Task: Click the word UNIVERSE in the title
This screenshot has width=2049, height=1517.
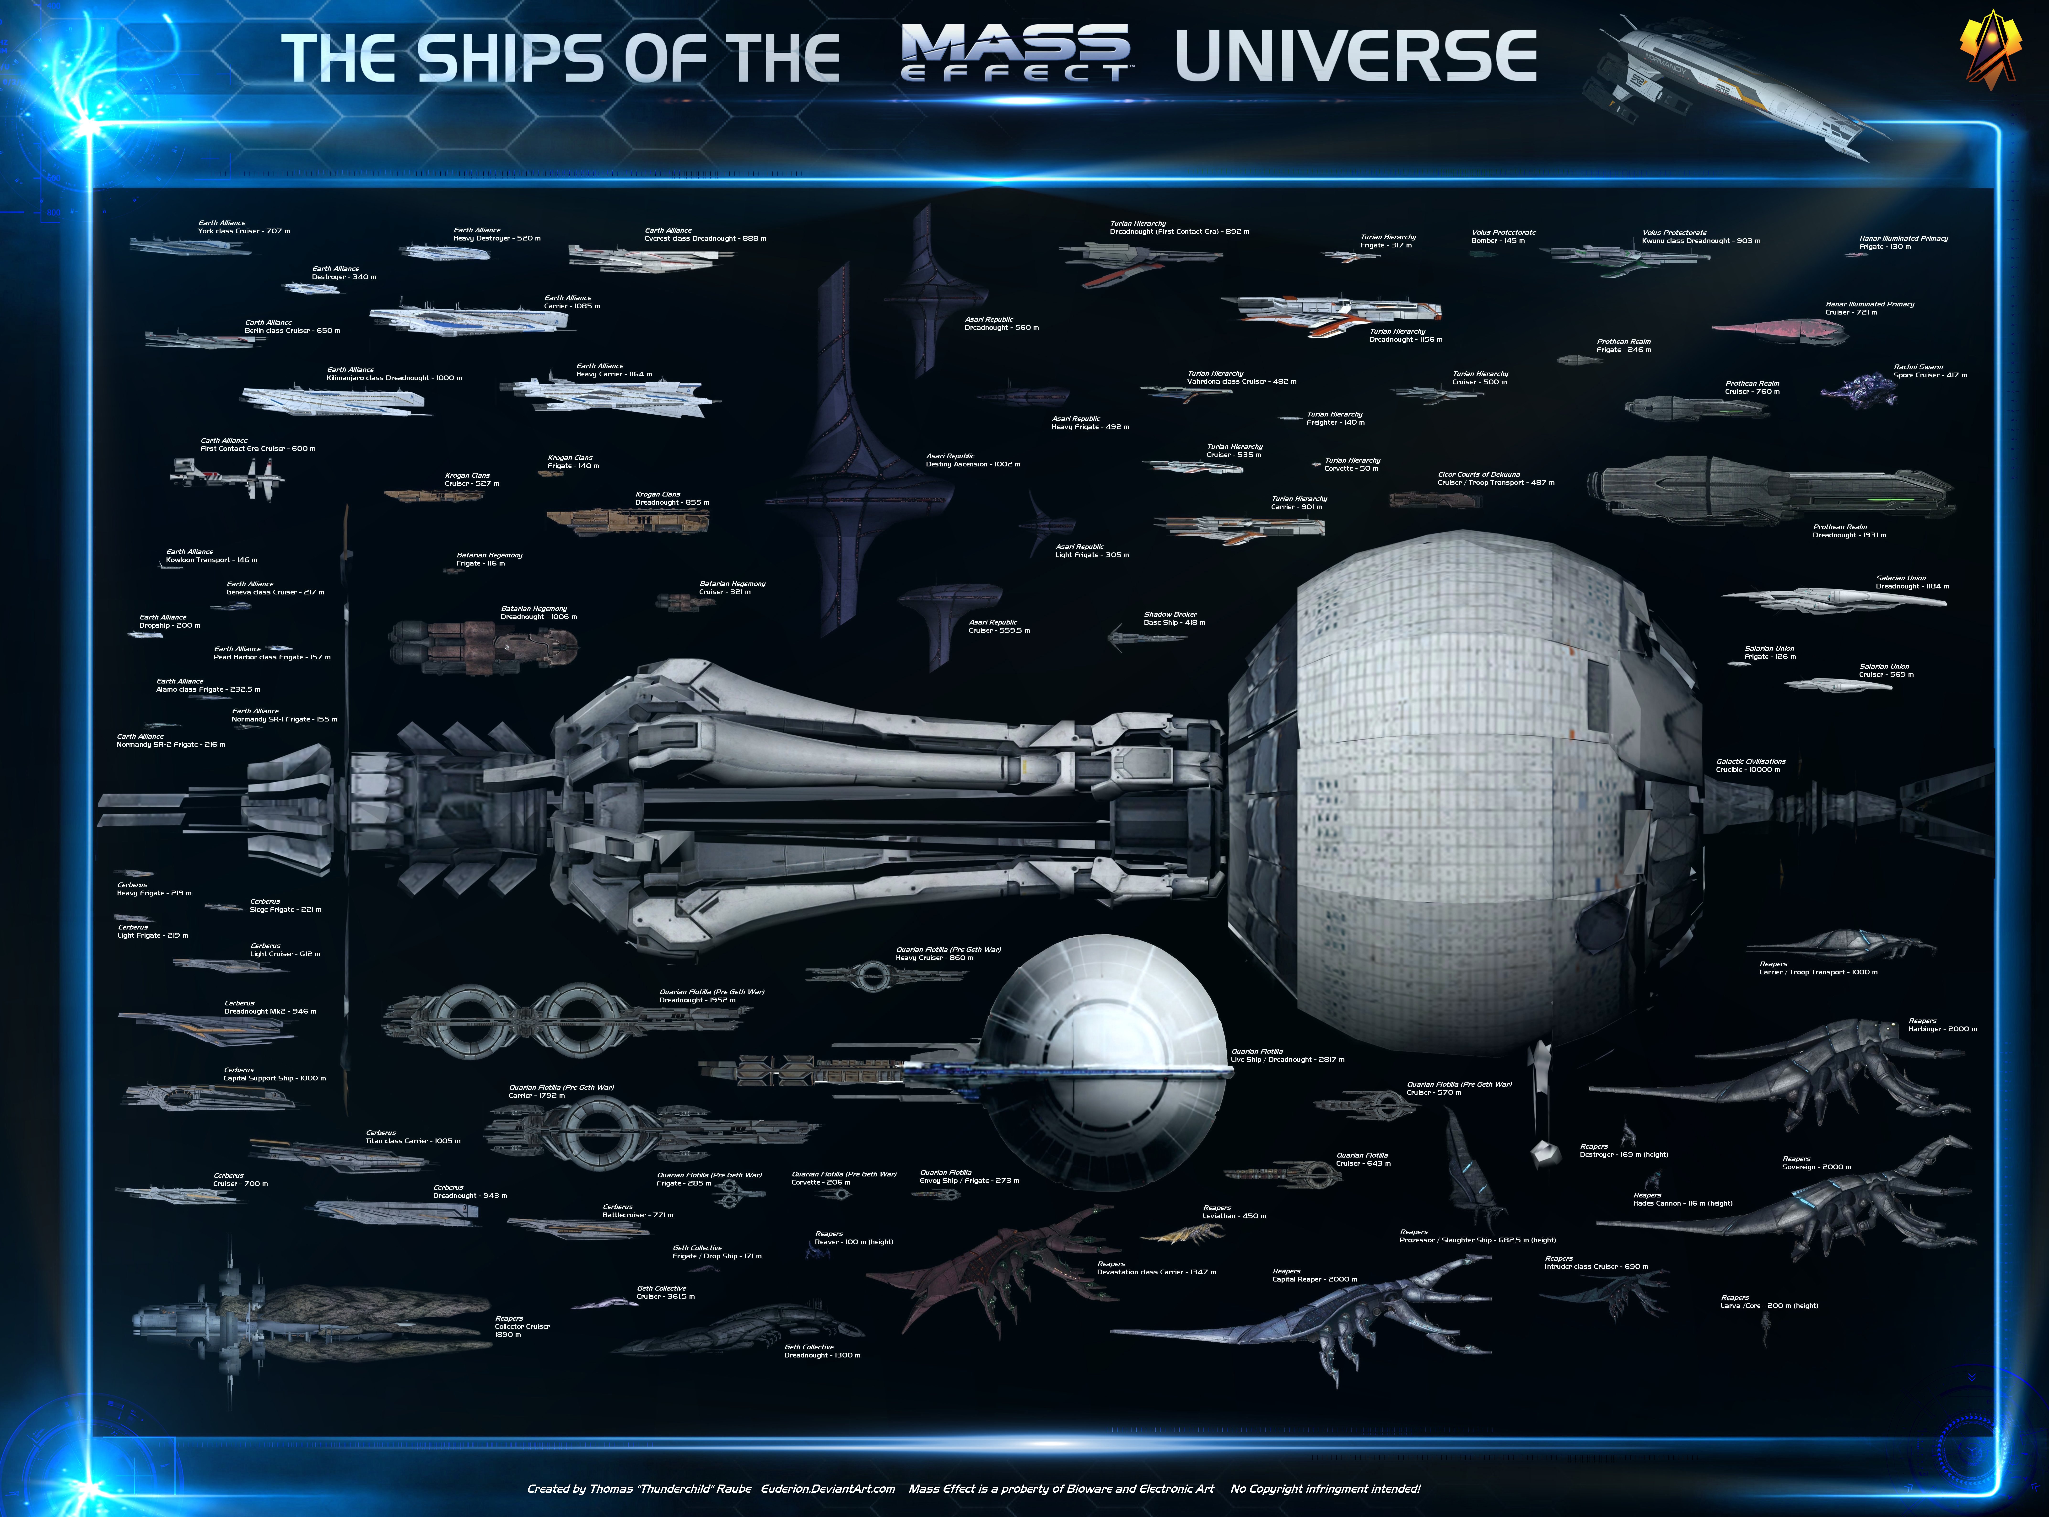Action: coord(1356,57)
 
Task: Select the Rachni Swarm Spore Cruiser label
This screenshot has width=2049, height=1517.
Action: coord(1930,371)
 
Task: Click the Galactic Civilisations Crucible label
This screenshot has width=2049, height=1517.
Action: coord(1751,765)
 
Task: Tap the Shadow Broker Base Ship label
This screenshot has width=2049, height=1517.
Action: coord(1174,618)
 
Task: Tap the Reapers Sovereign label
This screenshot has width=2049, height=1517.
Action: coord(1816,1163)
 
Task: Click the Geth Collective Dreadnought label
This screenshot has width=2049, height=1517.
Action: coord(822,1351)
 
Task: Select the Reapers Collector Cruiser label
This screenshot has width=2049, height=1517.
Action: coord(522,1326)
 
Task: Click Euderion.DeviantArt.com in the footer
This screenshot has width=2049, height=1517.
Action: coord(827,1489)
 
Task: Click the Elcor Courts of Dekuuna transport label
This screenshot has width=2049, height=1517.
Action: coord(1495,478)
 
